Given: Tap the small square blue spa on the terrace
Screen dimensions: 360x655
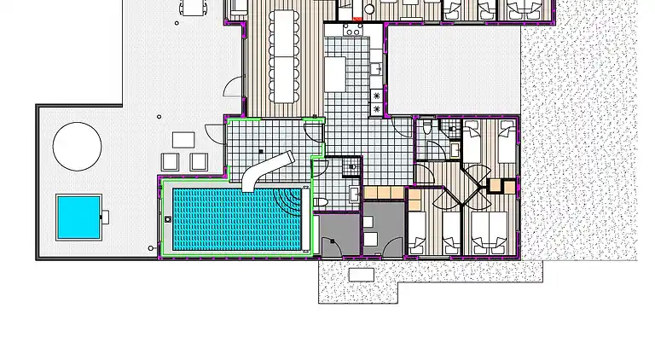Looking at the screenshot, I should (78, 217).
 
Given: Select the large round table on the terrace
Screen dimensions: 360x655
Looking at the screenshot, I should (77, 145).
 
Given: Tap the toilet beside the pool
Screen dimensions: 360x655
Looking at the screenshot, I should (322, 202).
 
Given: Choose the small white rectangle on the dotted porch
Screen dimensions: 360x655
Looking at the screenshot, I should (362, 274).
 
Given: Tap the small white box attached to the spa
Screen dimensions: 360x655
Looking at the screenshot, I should (107, 216).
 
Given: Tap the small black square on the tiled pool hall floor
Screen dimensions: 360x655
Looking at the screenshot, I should (260, 151).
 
